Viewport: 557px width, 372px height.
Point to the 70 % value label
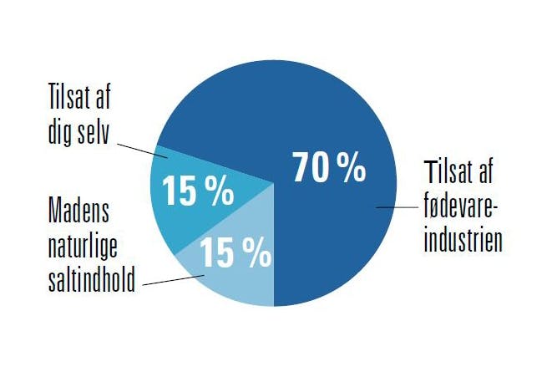(328, 168)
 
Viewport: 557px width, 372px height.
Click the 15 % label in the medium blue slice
(197, 191)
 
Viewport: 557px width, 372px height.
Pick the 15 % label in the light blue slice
(235, 253)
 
